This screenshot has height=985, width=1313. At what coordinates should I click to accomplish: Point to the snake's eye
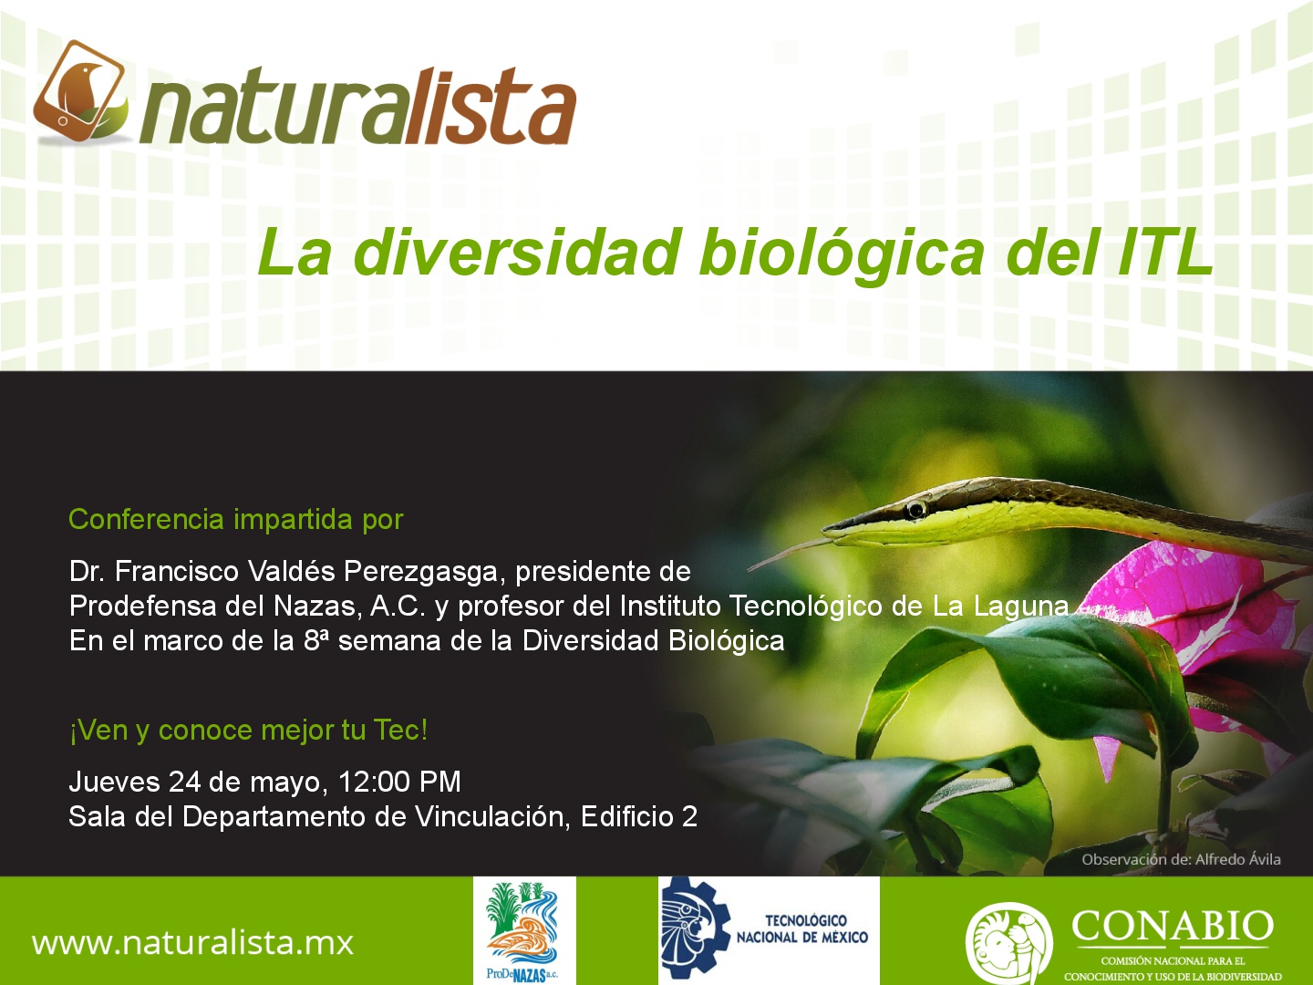(x=915, y=510)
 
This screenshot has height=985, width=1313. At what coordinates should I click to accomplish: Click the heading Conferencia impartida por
(x=235, y=519)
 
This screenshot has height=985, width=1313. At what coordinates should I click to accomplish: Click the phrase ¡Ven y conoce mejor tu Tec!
(x=248, y=731)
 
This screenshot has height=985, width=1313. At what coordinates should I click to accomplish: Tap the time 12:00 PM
(x=399, y=782)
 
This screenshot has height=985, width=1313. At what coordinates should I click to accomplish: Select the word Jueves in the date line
(x=114, y=782)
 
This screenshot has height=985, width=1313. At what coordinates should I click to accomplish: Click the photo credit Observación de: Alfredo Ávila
(x=1181, y=859)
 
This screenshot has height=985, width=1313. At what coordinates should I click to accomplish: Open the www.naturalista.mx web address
(x=192, y=942)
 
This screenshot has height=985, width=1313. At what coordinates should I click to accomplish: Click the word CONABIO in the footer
(x=1173, y=926)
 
